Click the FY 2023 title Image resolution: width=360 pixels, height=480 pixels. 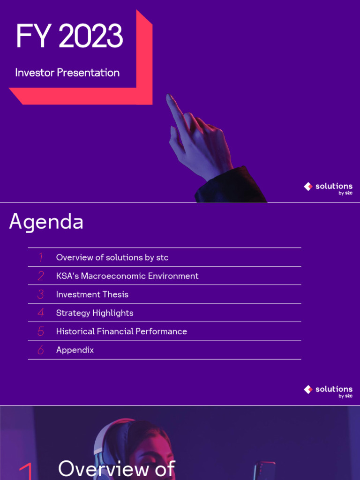(69, 37)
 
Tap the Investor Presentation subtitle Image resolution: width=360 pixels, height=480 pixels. (67, 73)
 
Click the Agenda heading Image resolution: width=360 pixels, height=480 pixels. (46, 222)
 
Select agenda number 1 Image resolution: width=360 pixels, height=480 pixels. (41, 257)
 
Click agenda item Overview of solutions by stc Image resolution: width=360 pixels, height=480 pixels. (112, 257)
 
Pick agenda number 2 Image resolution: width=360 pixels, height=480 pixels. (41, 276)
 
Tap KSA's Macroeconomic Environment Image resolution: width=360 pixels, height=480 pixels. (127, 276)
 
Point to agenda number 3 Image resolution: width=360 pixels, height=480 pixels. (41, 294)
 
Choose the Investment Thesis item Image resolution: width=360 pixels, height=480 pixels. (92, 294)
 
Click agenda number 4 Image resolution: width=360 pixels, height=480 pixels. (41, 313)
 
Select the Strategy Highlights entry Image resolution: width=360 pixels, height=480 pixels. (95, 313)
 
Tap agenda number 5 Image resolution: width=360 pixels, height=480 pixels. (41, 331)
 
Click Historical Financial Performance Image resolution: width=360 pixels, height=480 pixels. (121, 331)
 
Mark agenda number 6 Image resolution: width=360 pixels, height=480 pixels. (41, 350)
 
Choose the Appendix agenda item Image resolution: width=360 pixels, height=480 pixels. (75, 350)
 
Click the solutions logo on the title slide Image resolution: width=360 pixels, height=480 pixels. (328, 187)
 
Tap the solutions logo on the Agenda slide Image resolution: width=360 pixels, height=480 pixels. (328, 390)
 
